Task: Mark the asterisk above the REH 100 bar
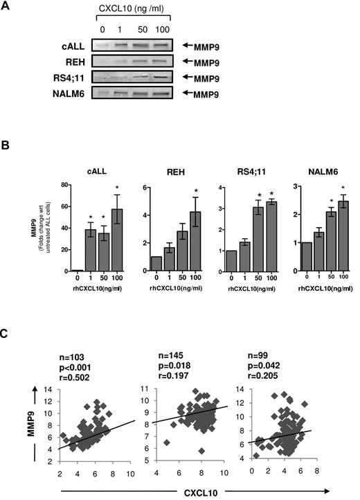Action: (x=197, y=192)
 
